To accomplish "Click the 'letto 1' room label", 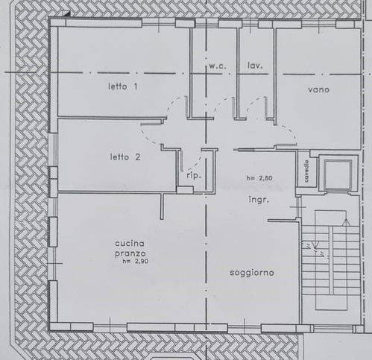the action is point(123,86).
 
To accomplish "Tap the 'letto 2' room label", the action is point(125,157).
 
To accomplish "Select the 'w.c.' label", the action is point(218,66).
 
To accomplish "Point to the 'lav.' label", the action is point(255,66).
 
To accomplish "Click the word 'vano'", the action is point(318,89).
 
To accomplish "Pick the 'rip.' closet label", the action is point(194,176).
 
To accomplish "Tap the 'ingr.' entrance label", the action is point(259,200).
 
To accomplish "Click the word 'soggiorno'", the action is point(252,273).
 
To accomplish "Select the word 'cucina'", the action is point(130,244).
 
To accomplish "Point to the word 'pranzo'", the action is point(130,253).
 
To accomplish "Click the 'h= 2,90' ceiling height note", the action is point(135,261).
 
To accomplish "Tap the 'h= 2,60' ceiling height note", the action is point(259,178).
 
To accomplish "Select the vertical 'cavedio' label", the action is point(306,171).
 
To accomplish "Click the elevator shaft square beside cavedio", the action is point(338,174).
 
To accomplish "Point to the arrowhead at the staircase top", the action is point(346,222).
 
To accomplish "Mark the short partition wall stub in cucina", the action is point(162,206).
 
